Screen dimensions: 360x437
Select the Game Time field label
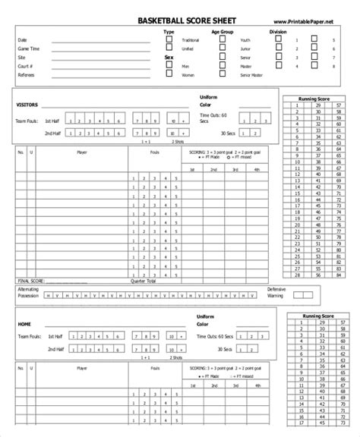pos(28,48)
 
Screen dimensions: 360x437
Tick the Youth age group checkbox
pos(222,39)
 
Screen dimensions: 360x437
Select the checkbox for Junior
pos(222,48)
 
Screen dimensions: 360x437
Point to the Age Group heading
pos(223,33)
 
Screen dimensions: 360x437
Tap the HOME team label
pos(24,324)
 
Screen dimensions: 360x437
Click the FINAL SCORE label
pos(28,280)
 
